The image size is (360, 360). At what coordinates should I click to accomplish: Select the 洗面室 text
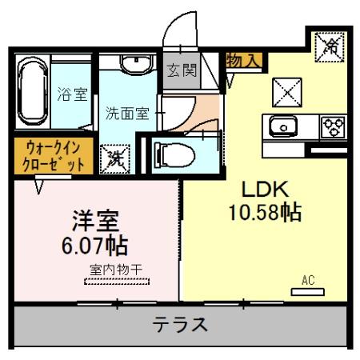[x=127, y=113]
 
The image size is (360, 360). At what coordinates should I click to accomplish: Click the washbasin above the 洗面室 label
[x=132, y=64]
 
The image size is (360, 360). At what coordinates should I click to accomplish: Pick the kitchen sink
[x=284, y=126]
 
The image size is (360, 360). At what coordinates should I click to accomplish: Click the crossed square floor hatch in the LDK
[x=284, y=94]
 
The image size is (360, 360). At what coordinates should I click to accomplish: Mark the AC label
[x=307, y=281]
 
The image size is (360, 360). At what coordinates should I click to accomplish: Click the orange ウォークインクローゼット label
[x=50, y=157]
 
